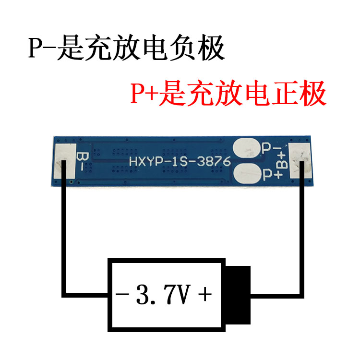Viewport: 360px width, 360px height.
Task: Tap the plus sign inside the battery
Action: tap(204, 294)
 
